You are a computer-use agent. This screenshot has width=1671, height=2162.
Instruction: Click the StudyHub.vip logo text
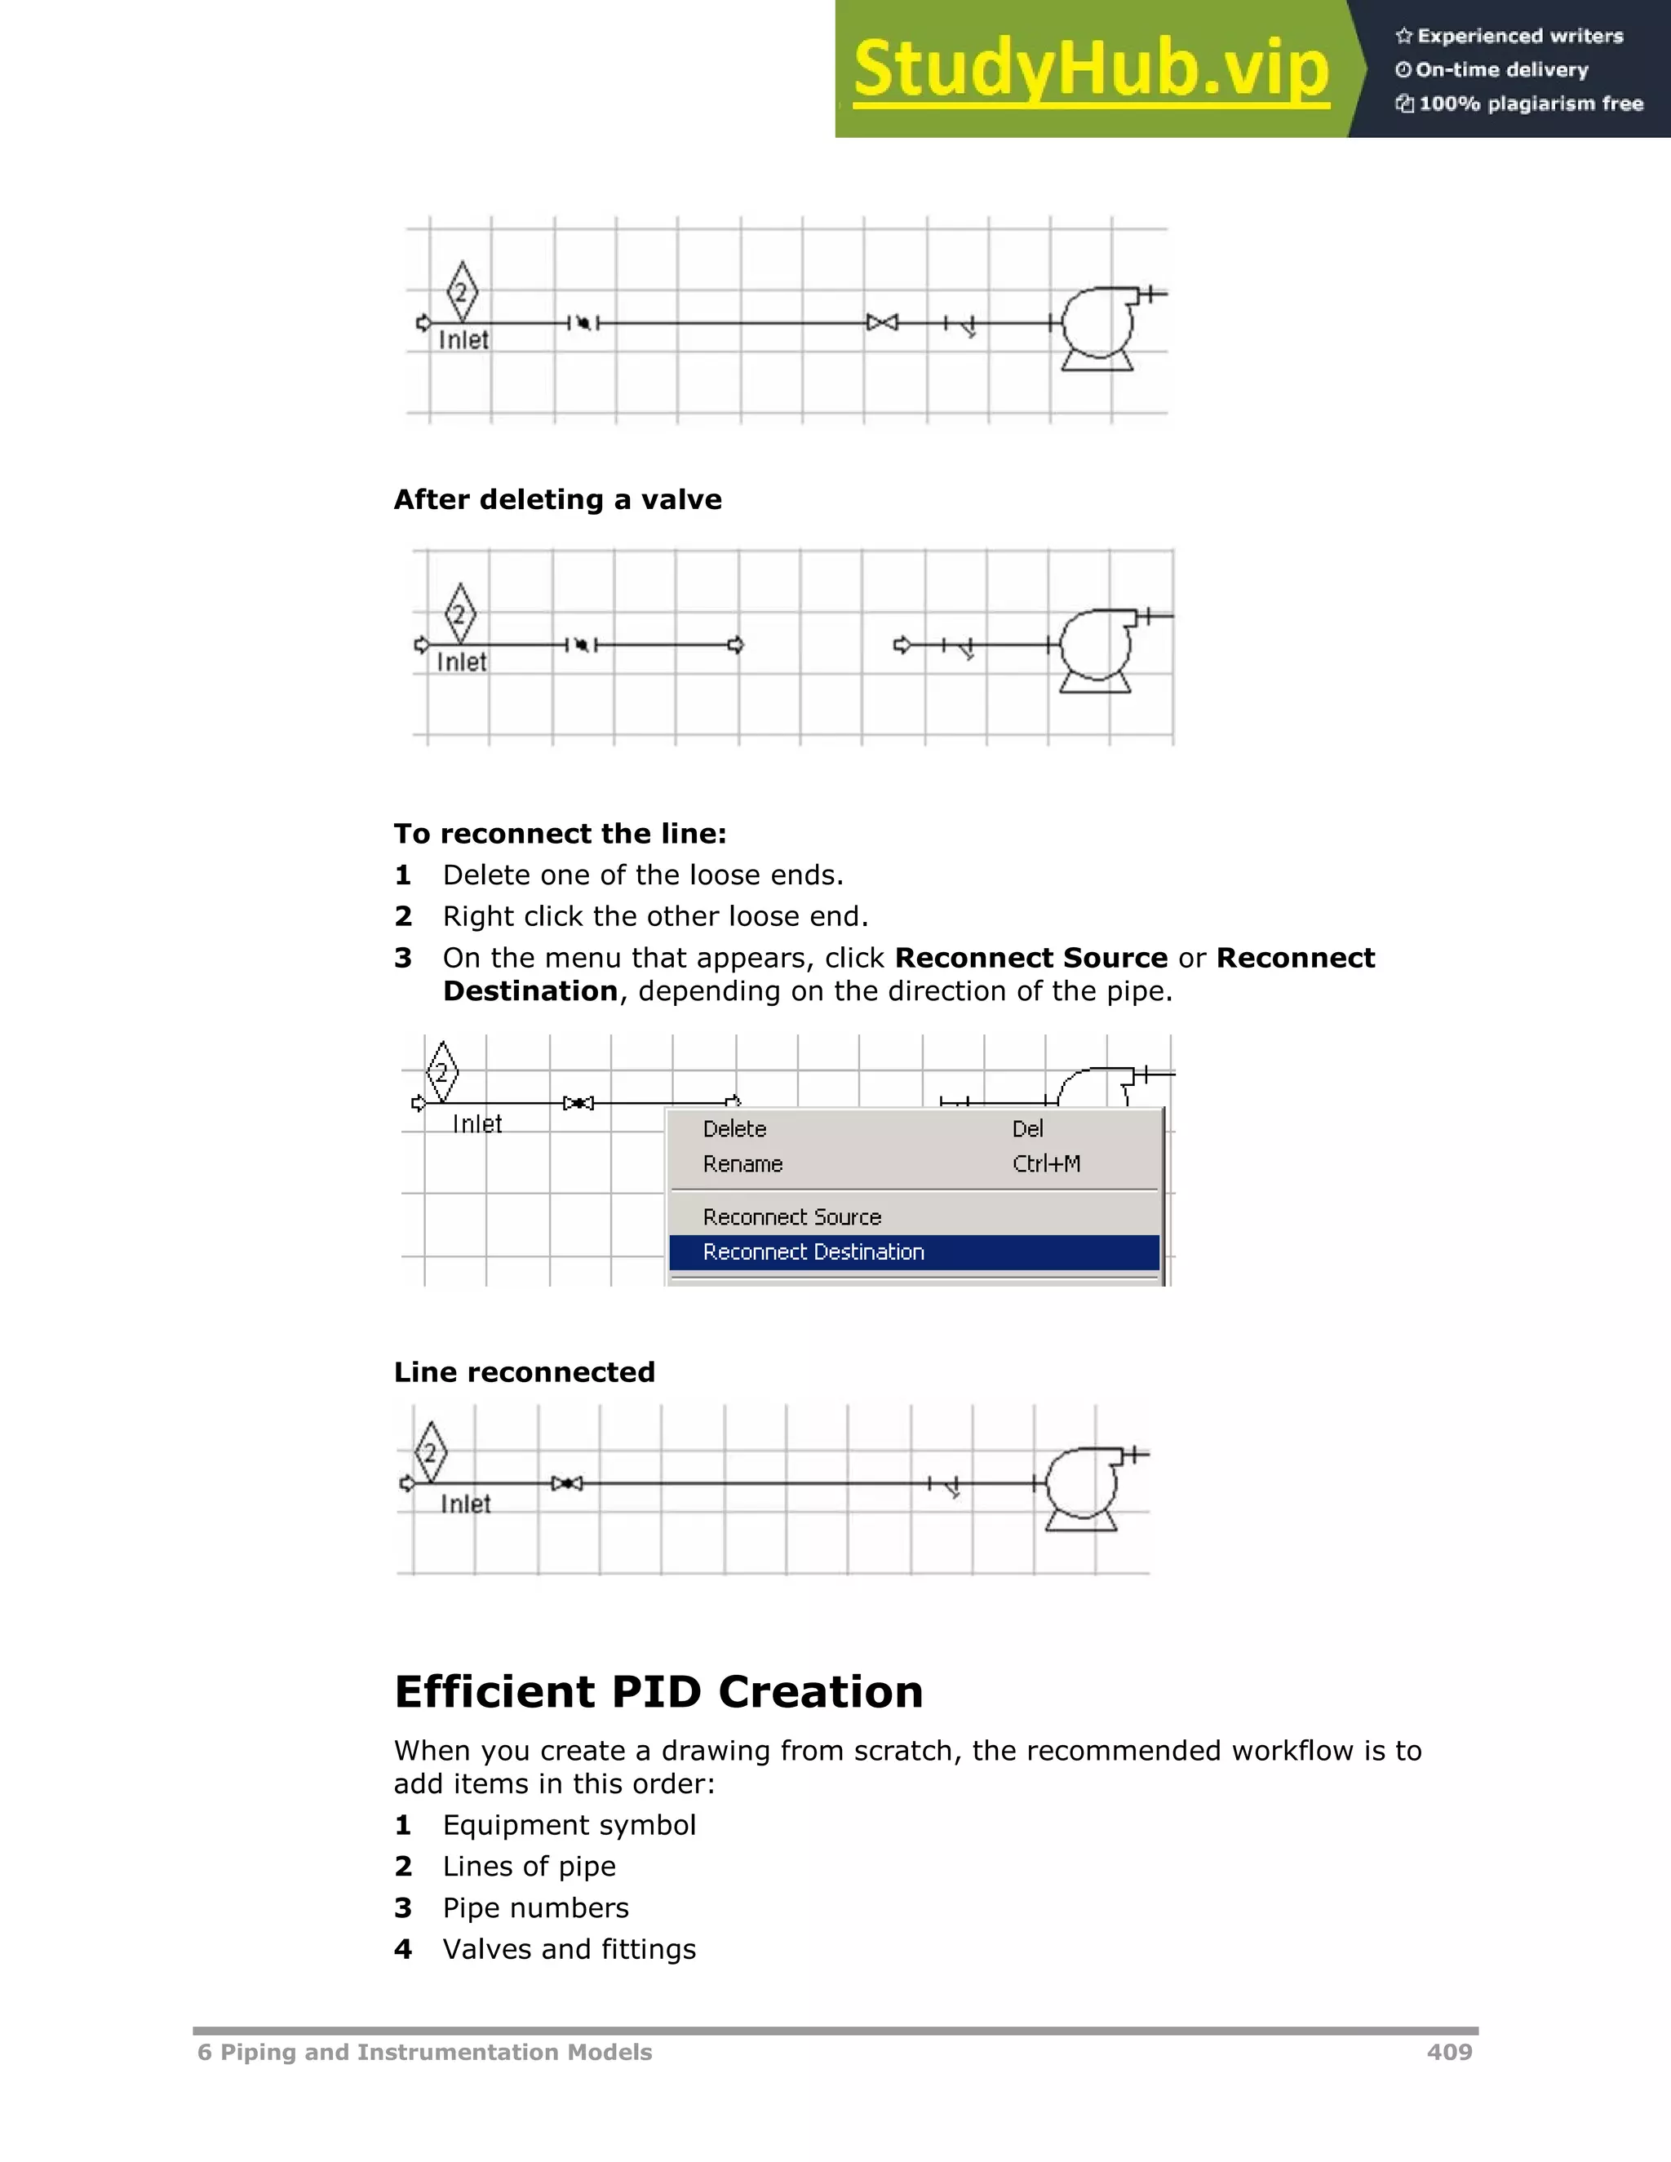pos(1090,69)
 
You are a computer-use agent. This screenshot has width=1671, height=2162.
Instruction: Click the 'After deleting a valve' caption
pos(557,500)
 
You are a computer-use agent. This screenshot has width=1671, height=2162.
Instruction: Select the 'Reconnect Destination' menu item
pos(813,1252)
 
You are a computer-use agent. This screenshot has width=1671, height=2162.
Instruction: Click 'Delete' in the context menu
pos(734,1128)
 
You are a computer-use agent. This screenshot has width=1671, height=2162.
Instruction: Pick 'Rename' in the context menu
pos(742,1164)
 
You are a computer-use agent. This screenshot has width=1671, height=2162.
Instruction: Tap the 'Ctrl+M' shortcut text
pos(1045,1164)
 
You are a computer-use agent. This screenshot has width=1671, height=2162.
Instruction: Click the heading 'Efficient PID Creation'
pos(658,1692)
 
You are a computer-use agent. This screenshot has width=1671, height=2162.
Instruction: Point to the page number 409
pos(1449,2052)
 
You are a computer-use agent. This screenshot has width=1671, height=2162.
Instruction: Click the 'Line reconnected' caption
pos(524,1372)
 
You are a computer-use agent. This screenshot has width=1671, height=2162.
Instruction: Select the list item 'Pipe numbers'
pos(534,1907)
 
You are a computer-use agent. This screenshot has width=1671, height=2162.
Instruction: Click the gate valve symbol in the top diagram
pos(882,323)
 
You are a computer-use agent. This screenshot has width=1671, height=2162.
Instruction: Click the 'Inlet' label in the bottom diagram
pos(465,1504)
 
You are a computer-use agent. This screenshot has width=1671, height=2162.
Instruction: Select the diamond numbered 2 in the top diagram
pos(461,292)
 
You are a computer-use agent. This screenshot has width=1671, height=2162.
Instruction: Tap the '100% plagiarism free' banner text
pos(1530,104)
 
